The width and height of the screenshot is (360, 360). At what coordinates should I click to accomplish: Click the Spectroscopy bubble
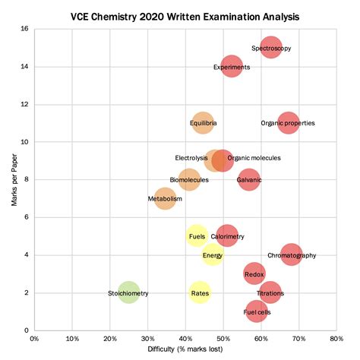pyautogui.click(x=271, y=48)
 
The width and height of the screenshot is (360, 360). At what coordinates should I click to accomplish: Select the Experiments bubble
pyautogui.click(x=232, y=67)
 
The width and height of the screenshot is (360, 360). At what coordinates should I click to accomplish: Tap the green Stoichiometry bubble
pyautogui.click(x=128, y=292)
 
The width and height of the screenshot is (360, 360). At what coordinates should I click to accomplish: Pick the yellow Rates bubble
pyautogui.click(x=200, y=292)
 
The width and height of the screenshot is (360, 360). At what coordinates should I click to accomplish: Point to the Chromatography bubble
pyautogui.click(x=291, y=255)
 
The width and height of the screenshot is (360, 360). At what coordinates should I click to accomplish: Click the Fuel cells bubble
pyautogui.click(x=257, y=311)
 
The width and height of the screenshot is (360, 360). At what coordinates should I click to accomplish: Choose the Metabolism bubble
pyautogui.click(x=165, y=199)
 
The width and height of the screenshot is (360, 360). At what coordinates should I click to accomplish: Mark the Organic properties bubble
pyautogui.click(x=288, y=123)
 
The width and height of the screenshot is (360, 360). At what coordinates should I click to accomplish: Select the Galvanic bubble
pyautogui.click(x=249, y=180)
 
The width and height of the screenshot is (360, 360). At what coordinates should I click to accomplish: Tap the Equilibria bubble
pyautogui.click(x=203, y=123)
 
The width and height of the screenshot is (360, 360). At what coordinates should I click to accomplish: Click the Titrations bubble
pyautogui.click(x=270, y=292)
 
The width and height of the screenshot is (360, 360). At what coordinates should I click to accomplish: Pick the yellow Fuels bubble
pyautogui.click(x=197, y=236)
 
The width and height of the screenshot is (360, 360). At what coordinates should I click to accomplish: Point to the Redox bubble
pyautogui.click(x=254, y=273)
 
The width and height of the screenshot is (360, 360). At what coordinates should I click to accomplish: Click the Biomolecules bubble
pyautogui.click(x=189, y=180)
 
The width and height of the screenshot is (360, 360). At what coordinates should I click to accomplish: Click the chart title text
pyautogui.click(x=185, y=15)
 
